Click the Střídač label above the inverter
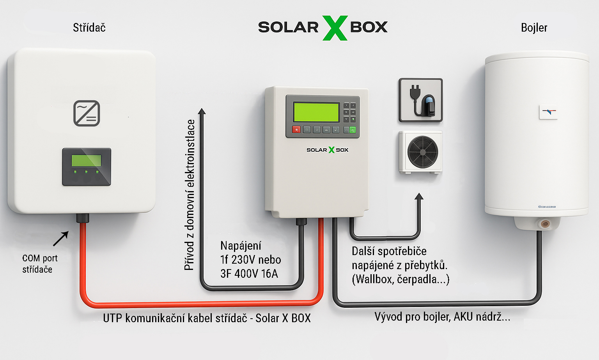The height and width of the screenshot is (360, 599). [89, 28]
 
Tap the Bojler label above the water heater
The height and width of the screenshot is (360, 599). [534, 28]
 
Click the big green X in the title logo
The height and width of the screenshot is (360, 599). [335, 28]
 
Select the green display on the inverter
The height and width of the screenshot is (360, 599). [86, 161]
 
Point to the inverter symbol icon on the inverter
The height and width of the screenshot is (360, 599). [87, 113]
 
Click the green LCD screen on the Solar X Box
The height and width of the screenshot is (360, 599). [316, 112]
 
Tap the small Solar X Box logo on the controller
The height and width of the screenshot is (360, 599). [327, 150]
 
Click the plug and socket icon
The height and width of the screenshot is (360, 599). [420, 100]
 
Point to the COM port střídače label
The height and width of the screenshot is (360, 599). [39, 264]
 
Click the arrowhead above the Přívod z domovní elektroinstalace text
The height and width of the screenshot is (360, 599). [202, 112]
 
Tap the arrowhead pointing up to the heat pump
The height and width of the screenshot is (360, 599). [419, 196]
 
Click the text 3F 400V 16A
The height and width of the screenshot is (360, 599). [249, 274]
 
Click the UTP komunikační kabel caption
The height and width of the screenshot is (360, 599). [207, 318]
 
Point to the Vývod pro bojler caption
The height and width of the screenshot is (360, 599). [442, 317]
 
